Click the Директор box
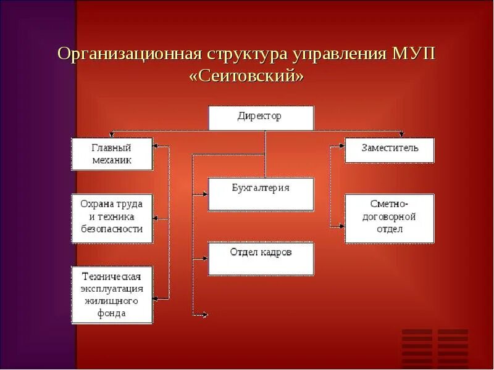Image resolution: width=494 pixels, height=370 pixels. (x=261, y=117)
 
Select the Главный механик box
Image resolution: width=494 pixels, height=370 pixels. (x=112, y=154)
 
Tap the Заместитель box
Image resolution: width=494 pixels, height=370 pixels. (x=389, y=149)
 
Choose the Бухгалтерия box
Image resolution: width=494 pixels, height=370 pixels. (x=261, y=194)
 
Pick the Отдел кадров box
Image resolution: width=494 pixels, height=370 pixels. (x=261, y=258)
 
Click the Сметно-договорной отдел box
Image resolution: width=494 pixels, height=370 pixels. (x=389, y=218)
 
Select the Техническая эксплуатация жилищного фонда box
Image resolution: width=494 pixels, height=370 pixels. (x=112, y=295)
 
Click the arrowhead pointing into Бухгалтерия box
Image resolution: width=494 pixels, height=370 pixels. (x=205, y=194)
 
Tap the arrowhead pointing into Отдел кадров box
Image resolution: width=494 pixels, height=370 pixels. (x=205, y=257)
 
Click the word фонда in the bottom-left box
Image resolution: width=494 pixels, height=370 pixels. (x=112, y=313)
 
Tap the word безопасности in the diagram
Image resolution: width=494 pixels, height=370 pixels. (x=112, y=229)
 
